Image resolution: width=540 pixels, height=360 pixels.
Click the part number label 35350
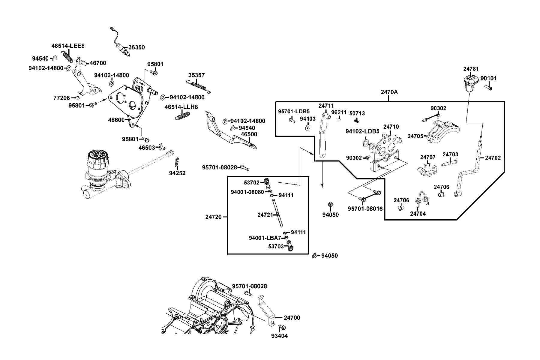[x=136, y=47]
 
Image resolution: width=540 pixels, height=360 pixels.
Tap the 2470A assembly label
[x=389, y=92]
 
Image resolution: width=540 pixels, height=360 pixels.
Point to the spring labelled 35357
[x=199, y=85]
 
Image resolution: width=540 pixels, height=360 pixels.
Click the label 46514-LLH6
[x=181, y=107]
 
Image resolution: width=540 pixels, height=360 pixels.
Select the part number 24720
[x=213, y=217]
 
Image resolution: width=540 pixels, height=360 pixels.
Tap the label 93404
[x=279, y=336]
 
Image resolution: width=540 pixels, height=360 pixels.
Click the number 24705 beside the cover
[x=415, y=136]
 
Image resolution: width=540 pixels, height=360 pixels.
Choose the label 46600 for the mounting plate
[x=116, y=120]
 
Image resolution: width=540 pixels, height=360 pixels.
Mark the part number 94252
[x=177, y=173]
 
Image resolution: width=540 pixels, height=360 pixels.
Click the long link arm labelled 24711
[x=323, y=135]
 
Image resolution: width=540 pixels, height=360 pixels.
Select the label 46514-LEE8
[x=68, y=46]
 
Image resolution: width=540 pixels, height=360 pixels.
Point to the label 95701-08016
[x=365, y=209]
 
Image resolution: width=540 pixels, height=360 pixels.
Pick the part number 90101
[x=488, y=78]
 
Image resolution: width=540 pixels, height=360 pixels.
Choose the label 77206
[x=61, y=98]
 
